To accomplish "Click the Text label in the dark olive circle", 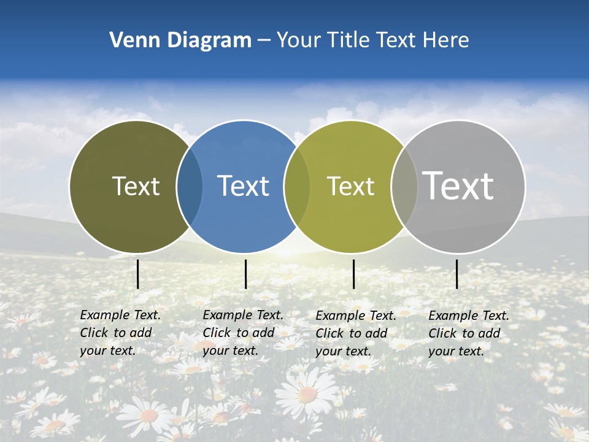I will (136, 186).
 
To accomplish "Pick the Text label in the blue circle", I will (244, 186).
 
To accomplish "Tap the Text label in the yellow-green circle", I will (350, 186).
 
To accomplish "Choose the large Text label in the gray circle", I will (458, 186).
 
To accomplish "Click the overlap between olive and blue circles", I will (190, 187).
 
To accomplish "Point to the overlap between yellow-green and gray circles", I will (404, 187).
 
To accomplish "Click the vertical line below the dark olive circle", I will (137, 274).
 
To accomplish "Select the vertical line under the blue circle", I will (245, 274).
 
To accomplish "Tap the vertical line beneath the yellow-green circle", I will (354, 274).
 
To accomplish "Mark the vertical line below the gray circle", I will (457, 274).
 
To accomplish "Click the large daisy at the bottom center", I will (307, 393).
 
